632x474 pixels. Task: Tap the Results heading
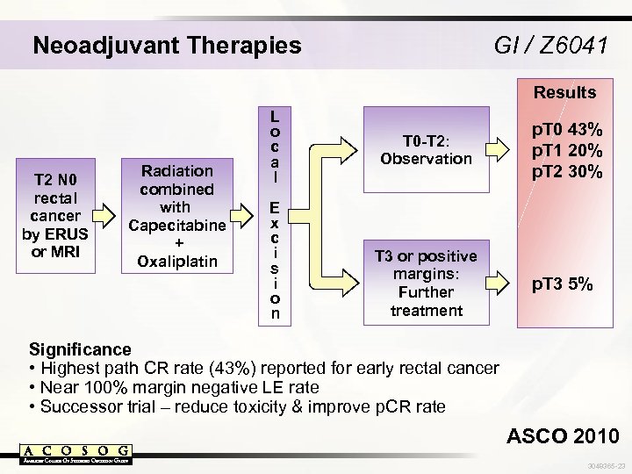tap(564, 92)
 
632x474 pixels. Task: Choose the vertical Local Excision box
tap(276, 215)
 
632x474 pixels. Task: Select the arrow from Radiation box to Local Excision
tap(241, 214)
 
